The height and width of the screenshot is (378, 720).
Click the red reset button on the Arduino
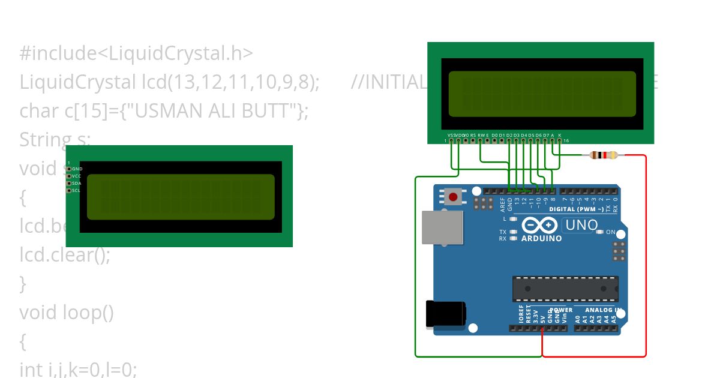pos(453,196)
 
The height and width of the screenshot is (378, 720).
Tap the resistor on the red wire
pos(604,155)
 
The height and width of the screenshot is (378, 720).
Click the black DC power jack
pos(445,314)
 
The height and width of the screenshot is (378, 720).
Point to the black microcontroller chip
pos(565,289)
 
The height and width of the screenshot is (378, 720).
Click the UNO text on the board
pos(581,226)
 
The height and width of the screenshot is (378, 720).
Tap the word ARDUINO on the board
pos(542,238)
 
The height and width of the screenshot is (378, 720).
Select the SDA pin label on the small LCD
pos(76,184)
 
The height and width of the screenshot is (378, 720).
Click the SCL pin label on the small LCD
pos(76,191)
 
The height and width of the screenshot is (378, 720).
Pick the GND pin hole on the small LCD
pos(69,169)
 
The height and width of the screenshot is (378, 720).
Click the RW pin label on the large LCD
pos(481,136)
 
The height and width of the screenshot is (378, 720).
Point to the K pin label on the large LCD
pos(560,136)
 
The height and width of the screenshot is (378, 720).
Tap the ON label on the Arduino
pos(610,232)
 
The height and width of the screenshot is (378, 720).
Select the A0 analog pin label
pos(577,319)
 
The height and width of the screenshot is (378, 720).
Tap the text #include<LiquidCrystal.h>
pos(136,53)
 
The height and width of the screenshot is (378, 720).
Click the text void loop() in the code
pos(67,313)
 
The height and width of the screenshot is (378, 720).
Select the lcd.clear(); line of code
pos(65,255)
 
